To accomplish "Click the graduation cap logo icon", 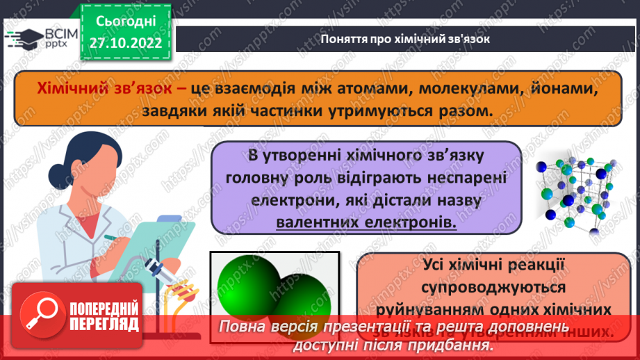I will [26, 38].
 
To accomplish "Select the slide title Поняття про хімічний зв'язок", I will [406, 39].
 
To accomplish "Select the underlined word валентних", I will [317, 222].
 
